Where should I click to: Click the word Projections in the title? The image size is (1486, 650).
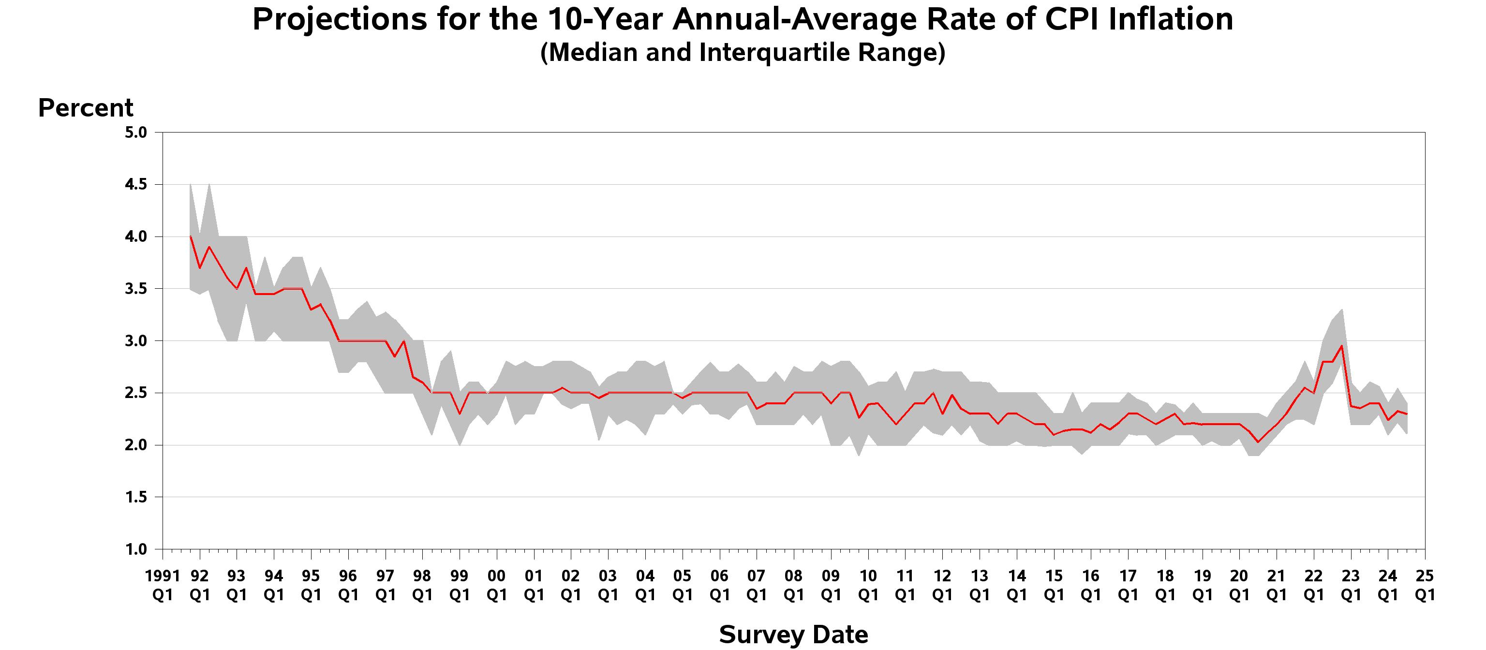point(339,20)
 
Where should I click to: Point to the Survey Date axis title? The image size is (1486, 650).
point(793,635)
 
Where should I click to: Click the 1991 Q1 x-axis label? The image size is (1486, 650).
point(162,585)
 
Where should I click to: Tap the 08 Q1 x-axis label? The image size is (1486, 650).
point(793,585)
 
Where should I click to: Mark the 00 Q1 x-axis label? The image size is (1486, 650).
point(496,585)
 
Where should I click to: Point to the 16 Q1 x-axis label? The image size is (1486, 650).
point(1090,585)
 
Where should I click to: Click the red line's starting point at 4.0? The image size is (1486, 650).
point(191,236)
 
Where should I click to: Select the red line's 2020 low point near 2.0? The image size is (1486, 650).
point(1258,442)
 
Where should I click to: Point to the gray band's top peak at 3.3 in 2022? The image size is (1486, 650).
point(1342,310)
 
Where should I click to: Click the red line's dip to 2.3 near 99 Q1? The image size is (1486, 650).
point(459,414)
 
